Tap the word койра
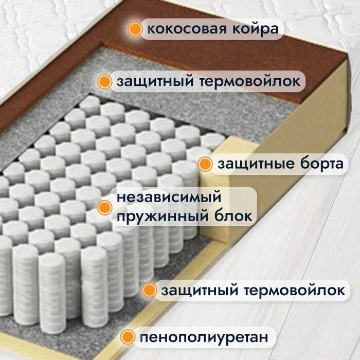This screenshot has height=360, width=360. click(255, 29)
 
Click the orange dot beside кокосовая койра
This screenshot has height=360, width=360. click(135, 29)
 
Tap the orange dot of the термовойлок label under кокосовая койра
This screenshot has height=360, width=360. click(105, 81)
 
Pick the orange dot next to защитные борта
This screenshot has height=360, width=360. click(205, 165)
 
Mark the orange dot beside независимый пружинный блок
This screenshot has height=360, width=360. click(105, 207)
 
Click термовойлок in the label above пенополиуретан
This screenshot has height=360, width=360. click(301, 291)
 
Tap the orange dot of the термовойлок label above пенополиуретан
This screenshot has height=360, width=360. click(149, 291)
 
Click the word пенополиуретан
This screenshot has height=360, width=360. click(204, 338)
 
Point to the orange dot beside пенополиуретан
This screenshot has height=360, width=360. click(127, 337)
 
